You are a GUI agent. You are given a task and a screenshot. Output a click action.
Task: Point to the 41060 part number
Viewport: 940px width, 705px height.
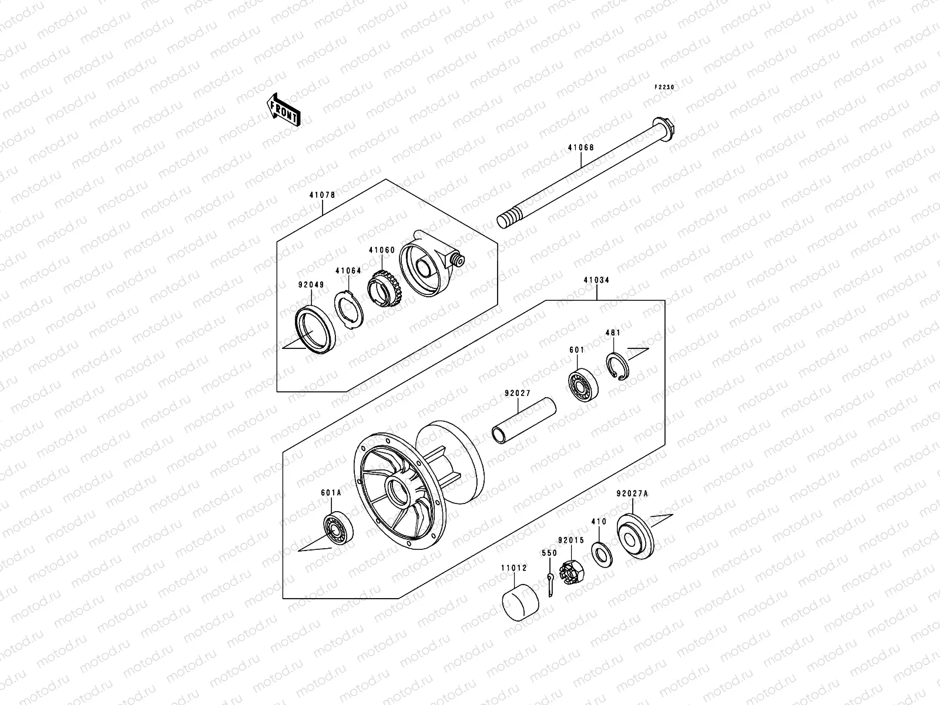pos(381,250)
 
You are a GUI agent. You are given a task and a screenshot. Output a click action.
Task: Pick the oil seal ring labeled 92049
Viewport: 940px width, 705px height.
pos(315,328)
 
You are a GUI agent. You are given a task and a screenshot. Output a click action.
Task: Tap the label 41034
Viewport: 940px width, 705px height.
pos(596,280)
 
